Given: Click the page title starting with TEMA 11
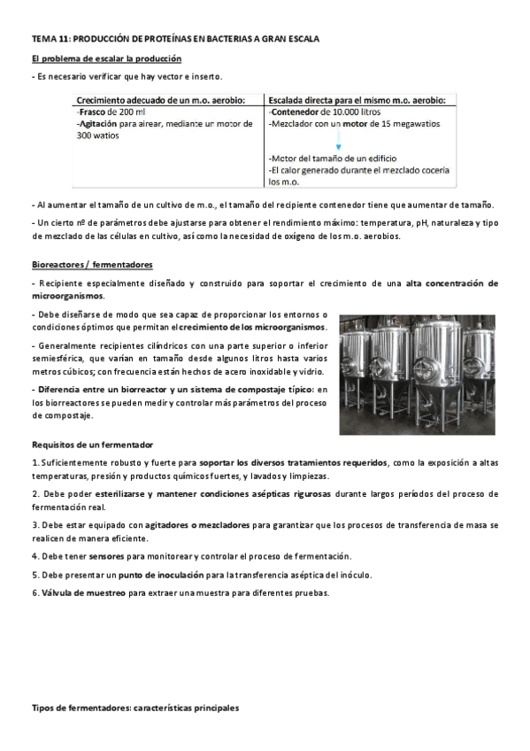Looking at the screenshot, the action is tap(175, 40).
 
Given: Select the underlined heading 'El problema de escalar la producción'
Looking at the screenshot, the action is tap(106, 58).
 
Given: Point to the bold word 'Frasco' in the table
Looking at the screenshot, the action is tap(93, 113).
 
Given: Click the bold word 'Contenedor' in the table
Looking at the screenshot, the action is tap(298, 113).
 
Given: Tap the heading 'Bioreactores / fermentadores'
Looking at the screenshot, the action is tap(92, 265).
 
